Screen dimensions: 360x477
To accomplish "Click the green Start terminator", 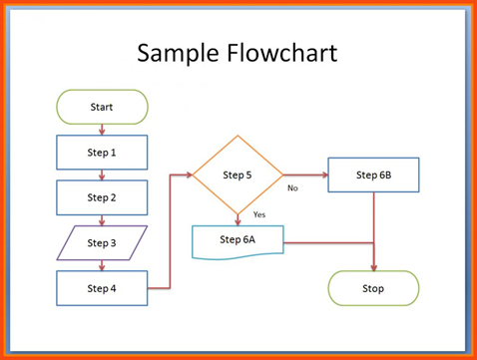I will coord(102,107).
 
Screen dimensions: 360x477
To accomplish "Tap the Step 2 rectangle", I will coord(102,197).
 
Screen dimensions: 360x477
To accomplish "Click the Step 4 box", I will coord(102,288).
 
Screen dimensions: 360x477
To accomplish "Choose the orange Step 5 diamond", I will coord(238,175).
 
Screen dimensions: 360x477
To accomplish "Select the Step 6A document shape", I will coord(238,240).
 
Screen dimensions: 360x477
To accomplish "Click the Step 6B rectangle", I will coord(373,175).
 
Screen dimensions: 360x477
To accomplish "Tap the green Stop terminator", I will coord(373,288).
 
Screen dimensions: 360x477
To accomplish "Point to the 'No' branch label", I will coord(292,187).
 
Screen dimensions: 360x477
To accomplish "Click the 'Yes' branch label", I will coord(258,214).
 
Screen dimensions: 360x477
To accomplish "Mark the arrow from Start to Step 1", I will coord(102,129).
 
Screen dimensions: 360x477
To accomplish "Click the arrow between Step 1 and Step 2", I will coord(102,175).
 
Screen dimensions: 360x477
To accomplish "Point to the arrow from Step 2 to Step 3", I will coord(102,219).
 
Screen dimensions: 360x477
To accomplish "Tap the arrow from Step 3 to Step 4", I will coord(102,265).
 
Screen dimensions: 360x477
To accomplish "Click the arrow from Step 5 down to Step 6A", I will coord(238,217).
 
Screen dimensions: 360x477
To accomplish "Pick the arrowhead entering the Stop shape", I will coord(373,266).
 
